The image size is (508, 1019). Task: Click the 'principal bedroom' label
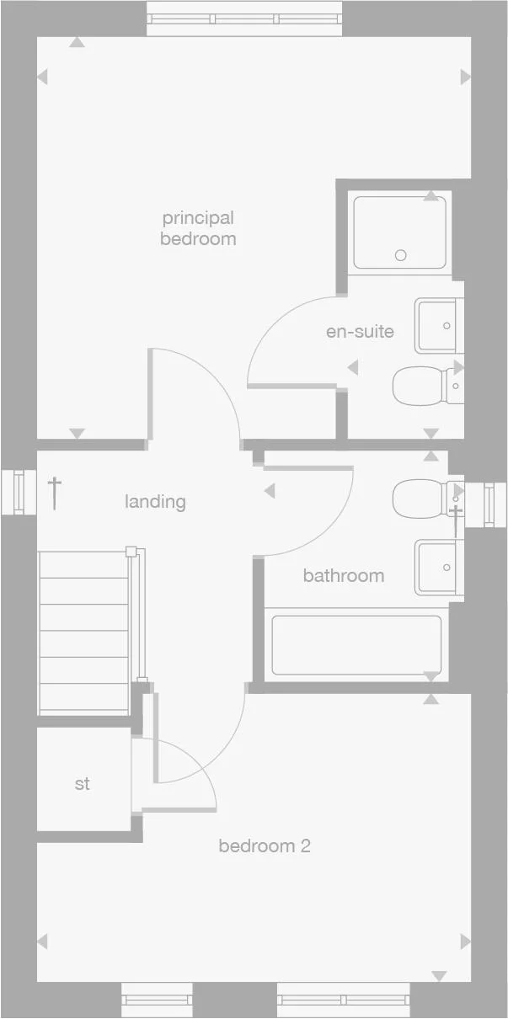(x=198, y=228)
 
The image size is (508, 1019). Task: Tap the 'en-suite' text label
(x=360, y=331)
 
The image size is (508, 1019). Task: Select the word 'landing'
(x=155, y=502)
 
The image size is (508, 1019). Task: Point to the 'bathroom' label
(x=344, y=576)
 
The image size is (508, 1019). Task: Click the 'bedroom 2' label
(x=265, y=846)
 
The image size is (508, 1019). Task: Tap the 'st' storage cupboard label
(x=82, y=784)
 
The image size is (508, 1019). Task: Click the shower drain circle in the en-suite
(x=401, y=255)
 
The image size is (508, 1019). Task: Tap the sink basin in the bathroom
(x=438, y=568)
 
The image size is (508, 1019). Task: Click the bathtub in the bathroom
(x=356, y=645)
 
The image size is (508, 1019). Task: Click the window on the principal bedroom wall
(x=244, y=19)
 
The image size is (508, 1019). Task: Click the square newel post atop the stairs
(x=131, y=552)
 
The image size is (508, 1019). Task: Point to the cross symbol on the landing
(x=55, y=492)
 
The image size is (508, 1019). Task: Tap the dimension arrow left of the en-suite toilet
(x=352, y=367)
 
